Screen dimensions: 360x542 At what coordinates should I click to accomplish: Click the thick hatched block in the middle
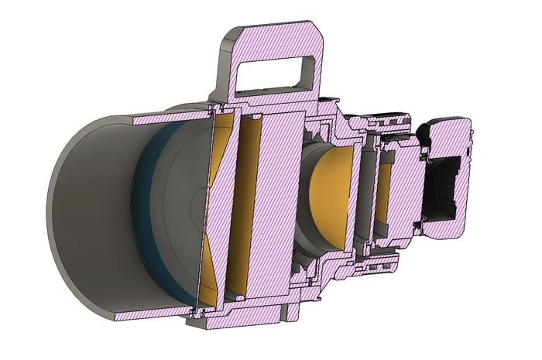(279, 201)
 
